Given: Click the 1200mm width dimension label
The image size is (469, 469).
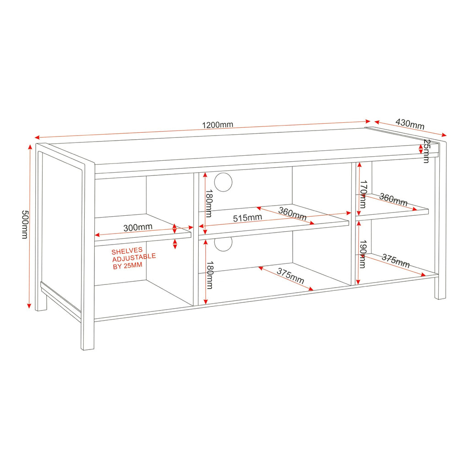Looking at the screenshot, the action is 218,125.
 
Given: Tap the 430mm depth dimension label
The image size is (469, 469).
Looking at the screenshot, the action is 410,124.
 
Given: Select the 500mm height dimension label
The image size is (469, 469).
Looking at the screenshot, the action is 25,224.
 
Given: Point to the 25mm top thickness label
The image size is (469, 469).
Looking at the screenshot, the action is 427,151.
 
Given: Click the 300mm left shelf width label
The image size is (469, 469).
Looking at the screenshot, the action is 138,227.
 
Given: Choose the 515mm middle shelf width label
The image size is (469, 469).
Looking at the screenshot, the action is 247,218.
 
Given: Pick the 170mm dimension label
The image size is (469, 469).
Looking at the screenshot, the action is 363,194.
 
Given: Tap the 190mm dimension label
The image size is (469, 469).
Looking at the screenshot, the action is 363,254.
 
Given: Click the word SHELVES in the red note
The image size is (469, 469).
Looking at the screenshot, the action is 127,251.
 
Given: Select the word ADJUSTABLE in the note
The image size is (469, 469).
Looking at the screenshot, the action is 134,258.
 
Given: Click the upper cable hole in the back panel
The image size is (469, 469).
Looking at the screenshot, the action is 223,182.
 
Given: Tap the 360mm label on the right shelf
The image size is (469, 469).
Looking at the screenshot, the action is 393,200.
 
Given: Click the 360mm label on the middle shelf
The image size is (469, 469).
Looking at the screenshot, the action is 292,213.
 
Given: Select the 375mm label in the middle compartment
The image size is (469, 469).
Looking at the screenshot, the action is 290,276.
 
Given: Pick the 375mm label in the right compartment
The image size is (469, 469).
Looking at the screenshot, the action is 395,261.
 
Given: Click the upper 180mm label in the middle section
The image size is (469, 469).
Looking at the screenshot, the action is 209,203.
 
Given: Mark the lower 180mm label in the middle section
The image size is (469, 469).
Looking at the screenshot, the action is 210,275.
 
